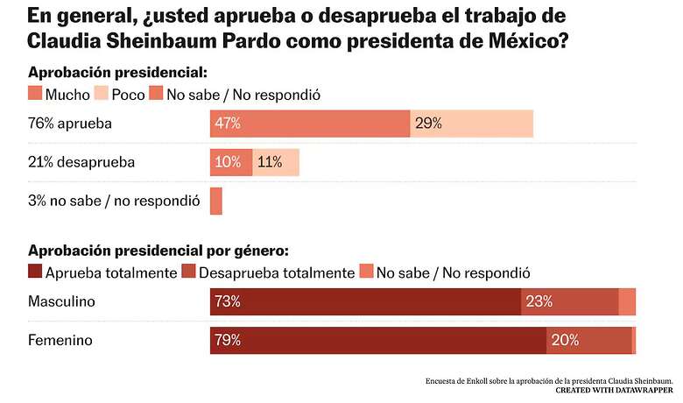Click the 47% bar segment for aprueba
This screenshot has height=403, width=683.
(x=310, y=124)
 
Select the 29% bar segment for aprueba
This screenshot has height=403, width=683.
(x=471, y=124)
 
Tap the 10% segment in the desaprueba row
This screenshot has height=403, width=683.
(x=231, y=163)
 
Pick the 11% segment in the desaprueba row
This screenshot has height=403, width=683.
(x=276, y=163)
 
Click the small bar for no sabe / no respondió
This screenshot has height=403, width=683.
(x=216, y=201)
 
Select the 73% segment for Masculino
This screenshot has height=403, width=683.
(x=365, y=302)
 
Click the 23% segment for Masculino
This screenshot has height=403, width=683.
(x=569, y=302)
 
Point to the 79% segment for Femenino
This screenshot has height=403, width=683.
(x=378, y=341)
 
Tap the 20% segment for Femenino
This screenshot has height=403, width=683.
(x=588, y=341)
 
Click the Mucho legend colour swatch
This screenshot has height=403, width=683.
(x=36, y=94)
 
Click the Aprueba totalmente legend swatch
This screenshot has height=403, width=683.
(x=36, y=272)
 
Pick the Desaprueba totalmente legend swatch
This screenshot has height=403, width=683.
(x=189, y=272)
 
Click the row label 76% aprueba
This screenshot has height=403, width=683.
(x=70, y=124)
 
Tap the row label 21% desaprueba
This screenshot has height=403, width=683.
(x=81, y=163)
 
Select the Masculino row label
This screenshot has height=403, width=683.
(x=62, y=302)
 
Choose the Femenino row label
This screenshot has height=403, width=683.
(x=60, y=341)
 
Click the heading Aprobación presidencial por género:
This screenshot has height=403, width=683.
(x=158, y=251)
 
